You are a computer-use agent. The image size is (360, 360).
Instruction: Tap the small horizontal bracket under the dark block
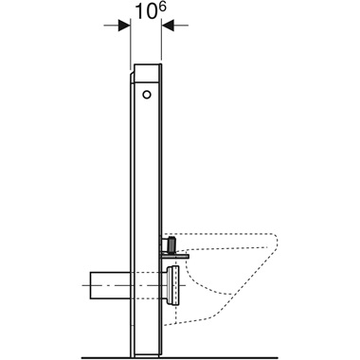point(176,253)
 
